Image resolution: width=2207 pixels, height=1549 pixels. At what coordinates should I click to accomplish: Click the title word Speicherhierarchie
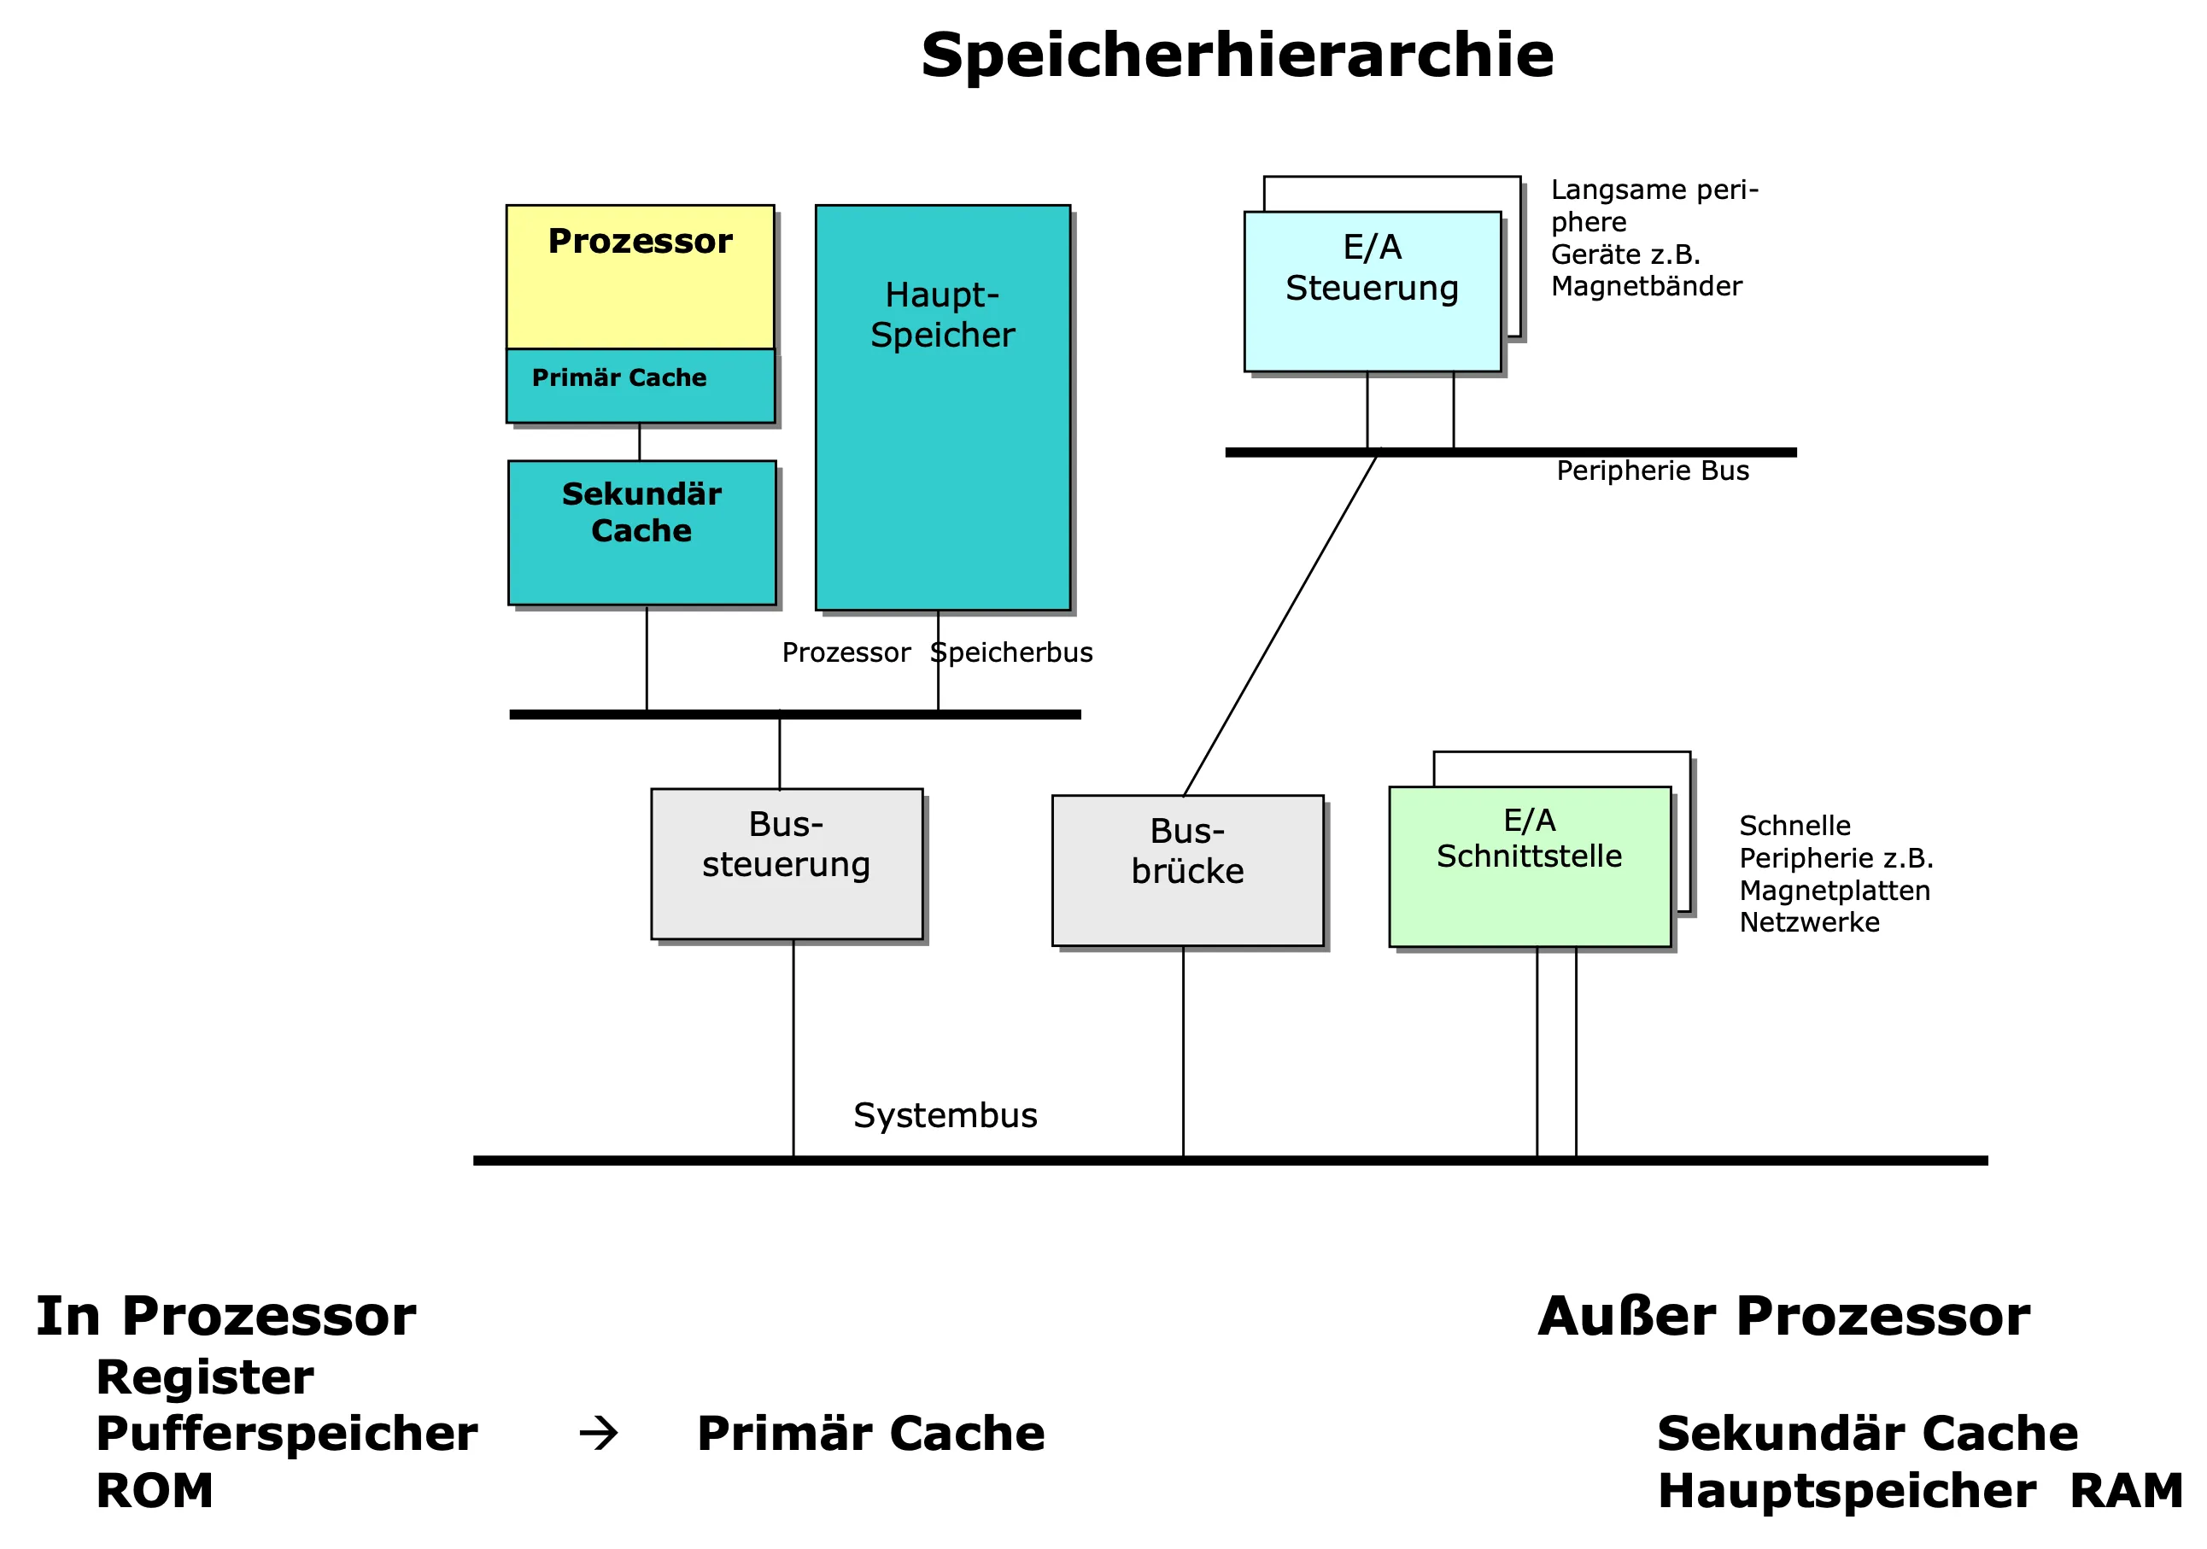coord(1236,55)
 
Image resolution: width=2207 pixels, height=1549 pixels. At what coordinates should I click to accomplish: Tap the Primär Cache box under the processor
coord(641,384)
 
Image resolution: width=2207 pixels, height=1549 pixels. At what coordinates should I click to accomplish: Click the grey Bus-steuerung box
coord(787,864)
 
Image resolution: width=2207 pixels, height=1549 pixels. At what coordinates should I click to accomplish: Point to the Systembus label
coord(945,1115)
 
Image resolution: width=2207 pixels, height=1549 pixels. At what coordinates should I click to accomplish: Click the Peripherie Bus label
coord(1653,471)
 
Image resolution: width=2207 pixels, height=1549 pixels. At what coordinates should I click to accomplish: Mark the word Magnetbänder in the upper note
coord(1647,286)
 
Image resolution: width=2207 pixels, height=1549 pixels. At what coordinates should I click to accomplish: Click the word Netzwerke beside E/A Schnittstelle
coord(1809,922)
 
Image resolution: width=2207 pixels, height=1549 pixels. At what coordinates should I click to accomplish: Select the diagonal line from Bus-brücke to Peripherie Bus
coord(1280,624)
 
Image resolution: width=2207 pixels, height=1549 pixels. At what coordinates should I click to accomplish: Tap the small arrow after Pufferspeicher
coord(599,1434)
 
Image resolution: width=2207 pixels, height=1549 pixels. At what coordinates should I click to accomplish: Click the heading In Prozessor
coord(225,1317)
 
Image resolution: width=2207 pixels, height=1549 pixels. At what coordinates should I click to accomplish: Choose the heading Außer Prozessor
coord(1783,1317)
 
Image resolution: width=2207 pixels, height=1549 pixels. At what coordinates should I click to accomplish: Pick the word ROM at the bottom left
coord(155,1491)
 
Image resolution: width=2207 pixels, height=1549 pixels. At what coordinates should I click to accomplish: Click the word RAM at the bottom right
coord(2125,1491)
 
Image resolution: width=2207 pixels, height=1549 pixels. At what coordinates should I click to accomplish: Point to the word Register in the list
coord(205,1377)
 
